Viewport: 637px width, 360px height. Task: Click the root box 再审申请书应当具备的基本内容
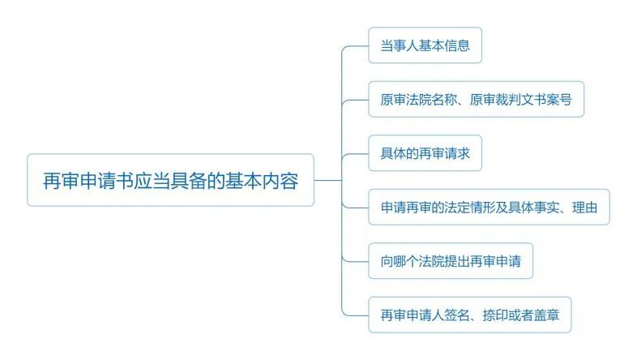[170, 180]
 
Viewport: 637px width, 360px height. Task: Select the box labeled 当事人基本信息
[425, 45]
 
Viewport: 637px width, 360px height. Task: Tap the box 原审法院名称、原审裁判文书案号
[476, 100]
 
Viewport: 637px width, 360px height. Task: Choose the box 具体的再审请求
[425, 153]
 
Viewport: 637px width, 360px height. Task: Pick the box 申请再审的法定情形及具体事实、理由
[489, 208]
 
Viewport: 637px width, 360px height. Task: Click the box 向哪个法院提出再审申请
[451, 261]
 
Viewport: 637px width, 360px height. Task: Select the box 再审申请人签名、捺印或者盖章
[469, 315]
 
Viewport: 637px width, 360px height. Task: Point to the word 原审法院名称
[418, 100]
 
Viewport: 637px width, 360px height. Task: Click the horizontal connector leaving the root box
[327, 180]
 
